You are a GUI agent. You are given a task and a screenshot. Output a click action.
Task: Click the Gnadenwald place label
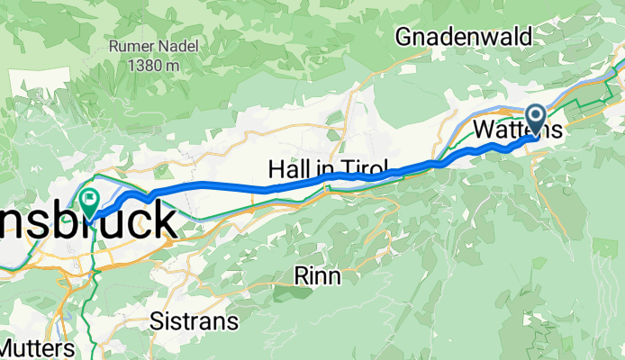463,36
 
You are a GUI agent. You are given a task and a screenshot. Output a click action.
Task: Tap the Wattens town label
518,130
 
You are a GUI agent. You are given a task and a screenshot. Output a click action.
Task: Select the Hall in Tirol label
328,169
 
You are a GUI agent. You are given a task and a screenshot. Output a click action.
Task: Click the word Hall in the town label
287,169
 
